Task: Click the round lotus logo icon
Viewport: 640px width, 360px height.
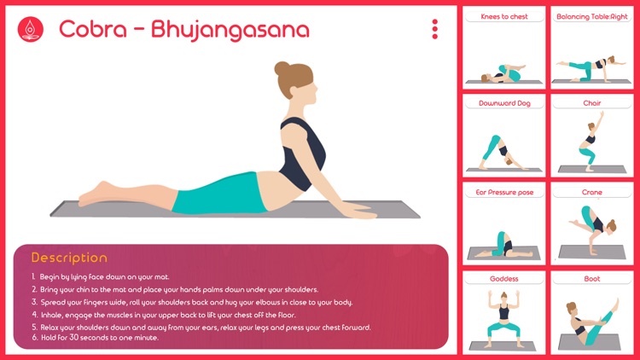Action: [30, 29]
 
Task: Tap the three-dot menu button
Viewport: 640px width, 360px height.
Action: [434, 29]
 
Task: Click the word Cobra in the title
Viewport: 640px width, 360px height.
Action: [93, 29]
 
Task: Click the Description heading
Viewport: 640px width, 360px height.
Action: [69, 258]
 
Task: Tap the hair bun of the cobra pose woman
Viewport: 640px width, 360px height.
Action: [282, 68]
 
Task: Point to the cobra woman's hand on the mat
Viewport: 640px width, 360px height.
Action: [359, 211]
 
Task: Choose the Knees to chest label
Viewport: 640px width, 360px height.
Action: [504, 17]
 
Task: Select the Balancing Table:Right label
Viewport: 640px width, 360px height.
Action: [592, 17]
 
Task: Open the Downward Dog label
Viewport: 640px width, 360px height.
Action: [504, 103]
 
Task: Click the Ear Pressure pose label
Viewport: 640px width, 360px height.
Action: [504, 192]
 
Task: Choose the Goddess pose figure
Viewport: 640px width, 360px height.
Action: [504, 318]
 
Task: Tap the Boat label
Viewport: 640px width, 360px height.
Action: [592, 279]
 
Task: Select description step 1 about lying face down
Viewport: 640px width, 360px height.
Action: [101, 276]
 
